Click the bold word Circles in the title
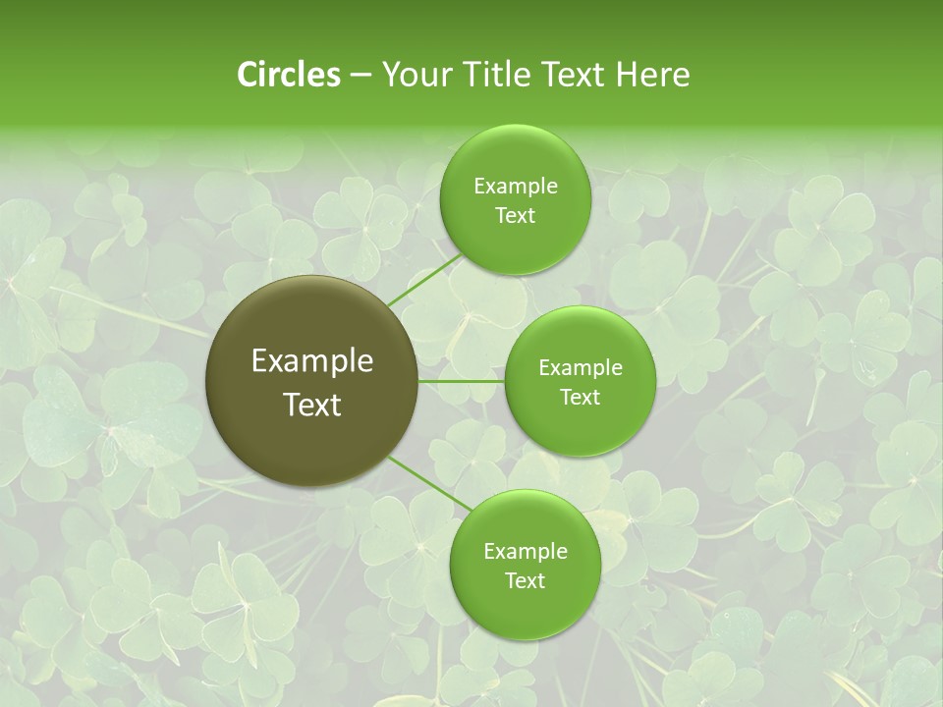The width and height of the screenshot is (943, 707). pyautogui.click(x=289, y=75)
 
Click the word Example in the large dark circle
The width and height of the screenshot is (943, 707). pyautogui.click(x=312, y=361)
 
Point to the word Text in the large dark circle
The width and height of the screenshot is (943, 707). pyautogui.click(x=312, y=405)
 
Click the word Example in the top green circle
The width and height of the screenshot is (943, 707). pyautogui.click(x=515, y=187)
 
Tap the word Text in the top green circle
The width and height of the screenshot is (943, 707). pyautogui.click(x=515, y=216)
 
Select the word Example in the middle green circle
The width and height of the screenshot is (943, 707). pyautogui.click(x=581, y=368)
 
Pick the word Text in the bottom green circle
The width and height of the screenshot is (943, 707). pyautogui.click(x=525, y=581)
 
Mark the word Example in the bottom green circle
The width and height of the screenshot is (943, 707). pyautogui.click(x=525, y=552)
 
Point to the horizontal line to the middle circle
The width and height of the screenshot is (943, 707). pyautogui.click(x=462, y=381)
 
